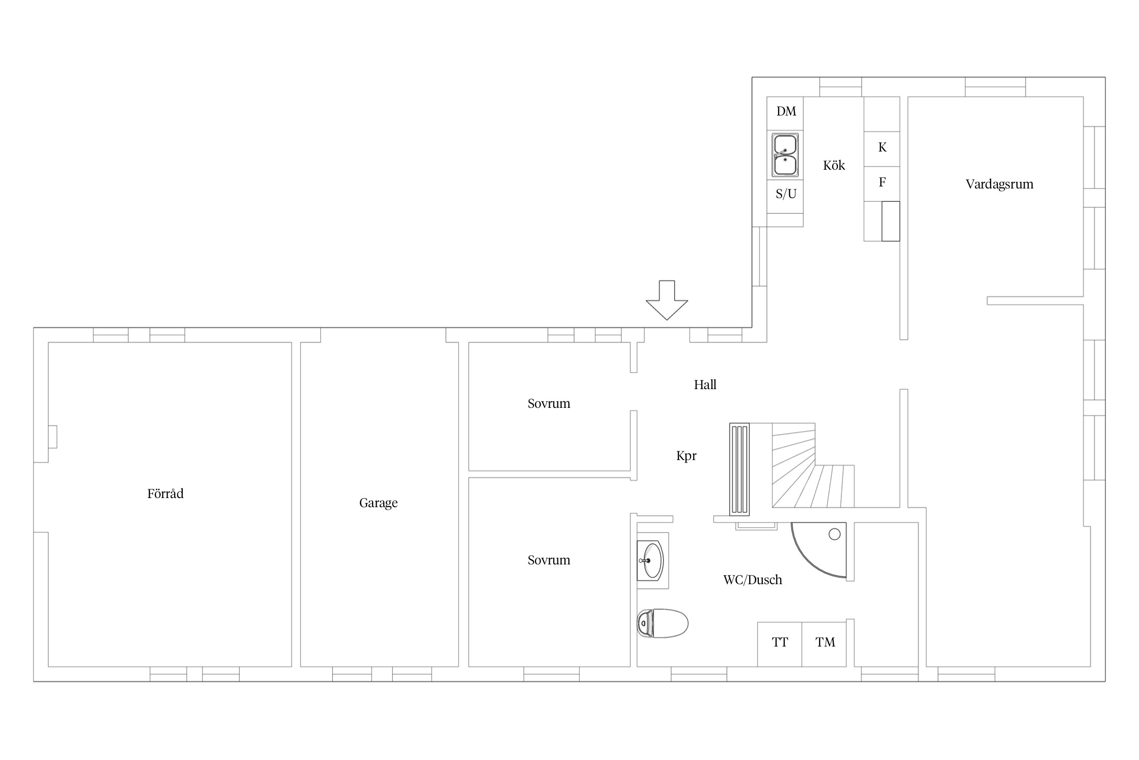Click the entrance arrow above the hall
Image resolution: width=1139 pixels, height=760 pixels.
(x=667, y=300)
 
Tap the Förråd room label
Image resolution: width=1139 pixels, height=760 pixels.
(x=166, y=493)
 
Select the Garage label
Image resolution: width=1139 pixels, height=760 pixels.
(x=379, y=503)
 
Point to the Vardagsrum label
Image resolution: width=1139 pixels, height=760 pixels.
(x=999, y=184)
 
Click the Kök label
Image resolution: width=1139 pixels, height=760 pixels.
(x=834, y=165)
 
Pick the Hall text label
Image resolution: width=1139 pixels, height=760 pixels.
(x=705, y=385)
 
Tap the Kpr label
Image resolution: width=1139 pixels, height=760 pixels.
(x=686, y=456)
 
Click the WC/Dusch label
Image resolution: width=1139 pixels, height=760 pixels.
(x=753, y=580)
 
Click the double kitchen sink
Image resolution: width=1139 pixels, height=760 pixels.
(x=785, y=155)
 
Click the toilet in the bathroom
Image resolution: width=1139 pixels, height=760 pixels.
(x=663, y=623)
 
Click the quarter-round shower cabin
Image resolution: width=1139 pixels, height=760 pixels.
(x=819, y=550)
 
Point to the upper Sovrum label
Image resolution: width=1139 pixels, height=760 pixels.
(x=549, y=404)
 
